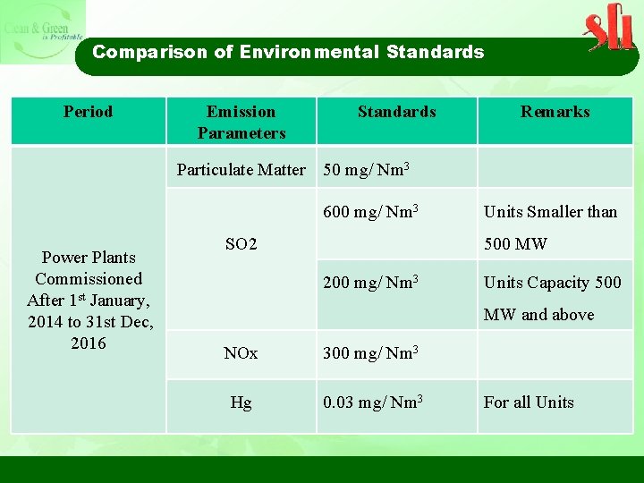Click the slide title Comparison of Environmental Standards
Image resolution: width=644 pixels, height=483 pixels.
[288, 52]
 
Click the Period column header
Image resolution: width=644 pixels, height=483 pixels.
[88, 112]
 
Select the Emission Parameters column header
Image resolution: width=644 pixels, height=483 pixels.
[241, 122]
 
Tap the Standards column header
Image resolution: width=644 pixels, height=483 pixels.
[396, 112]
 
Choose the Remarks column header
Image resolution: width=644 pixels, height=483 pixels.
[555, 112]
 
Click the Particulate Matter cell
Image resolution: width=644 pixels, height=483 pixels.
[241, 169]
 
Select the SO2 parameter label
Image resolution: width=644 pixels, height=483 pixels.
[241, 243]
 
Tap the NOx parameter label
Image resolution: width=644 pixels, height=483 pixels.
[241, 353]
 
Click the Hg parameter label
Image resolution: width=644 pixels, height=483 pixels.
[241, 402]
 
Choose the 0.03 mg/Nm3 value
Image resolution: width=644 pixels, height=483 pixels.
[372, 402]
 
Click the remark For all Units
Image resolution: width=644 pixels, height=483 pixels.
[529, 402]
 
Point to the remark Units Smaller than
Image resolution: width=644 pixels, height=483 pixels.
[550, 212]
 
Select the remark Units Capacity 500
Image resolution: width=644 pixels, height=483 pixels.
[552, 283]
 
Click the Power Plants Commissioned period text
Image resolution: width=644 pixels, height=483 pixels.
[89, 301]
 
